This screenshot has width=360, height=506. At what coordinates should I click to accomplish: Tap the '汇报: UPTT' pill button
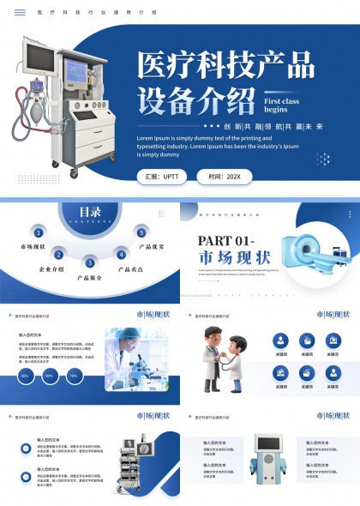click(x=162, y=177)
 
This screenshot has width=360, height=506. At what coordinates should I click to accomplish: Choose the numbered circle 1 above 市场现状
click(x=39, y=232)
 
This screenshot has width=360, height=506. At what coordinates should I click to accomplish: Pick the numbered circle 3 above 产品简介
click(x=89, y=262)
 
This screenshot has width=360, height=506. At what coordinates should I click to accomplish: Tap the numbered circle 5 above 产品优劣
click(x=141, y=232)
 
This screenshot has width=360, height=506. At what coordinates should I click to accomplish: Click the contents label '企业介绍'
click(x=51, y=269)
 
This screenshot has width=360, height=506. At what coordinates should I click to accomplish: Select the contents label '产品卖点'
click(x=129, y=269)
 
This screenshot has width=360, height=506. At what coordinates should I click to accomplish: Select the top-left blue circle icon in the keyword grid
click(x=281, y=340)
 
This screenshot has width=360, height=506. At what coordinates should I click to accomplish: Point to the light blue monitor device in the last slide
click(x=268, y=464)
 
